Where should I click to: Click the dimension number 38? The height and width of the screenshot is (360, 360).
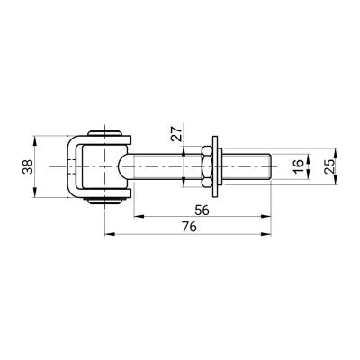28,166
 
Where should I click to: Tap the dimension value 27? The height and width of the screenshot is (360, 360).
176,133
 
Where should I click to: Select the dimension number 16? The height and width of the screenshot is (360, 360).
298,166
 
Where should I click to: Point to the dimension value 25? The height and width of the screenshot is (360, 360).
328,166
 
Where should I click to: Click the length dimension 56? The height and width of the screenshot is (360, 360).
202,211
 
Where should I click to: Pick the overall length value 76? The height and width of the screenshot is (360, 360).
189,227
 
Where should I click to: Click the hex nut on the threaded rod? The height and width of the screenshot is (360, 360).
207,166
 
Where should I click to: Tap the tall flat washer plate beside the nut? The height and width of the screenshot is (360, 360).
215,166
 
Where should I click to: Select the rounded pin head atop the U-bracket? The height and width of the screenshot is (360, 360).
104,133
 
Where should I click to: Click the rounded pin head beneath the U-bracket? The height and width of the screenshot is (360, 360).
104,201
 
